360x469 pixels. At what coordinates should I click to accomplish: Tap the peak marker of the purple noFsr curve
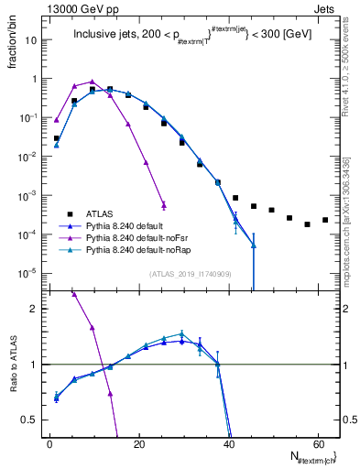[92, 82]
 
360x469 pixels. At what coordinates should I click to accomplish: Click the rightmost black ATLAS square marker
[325, 220]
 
